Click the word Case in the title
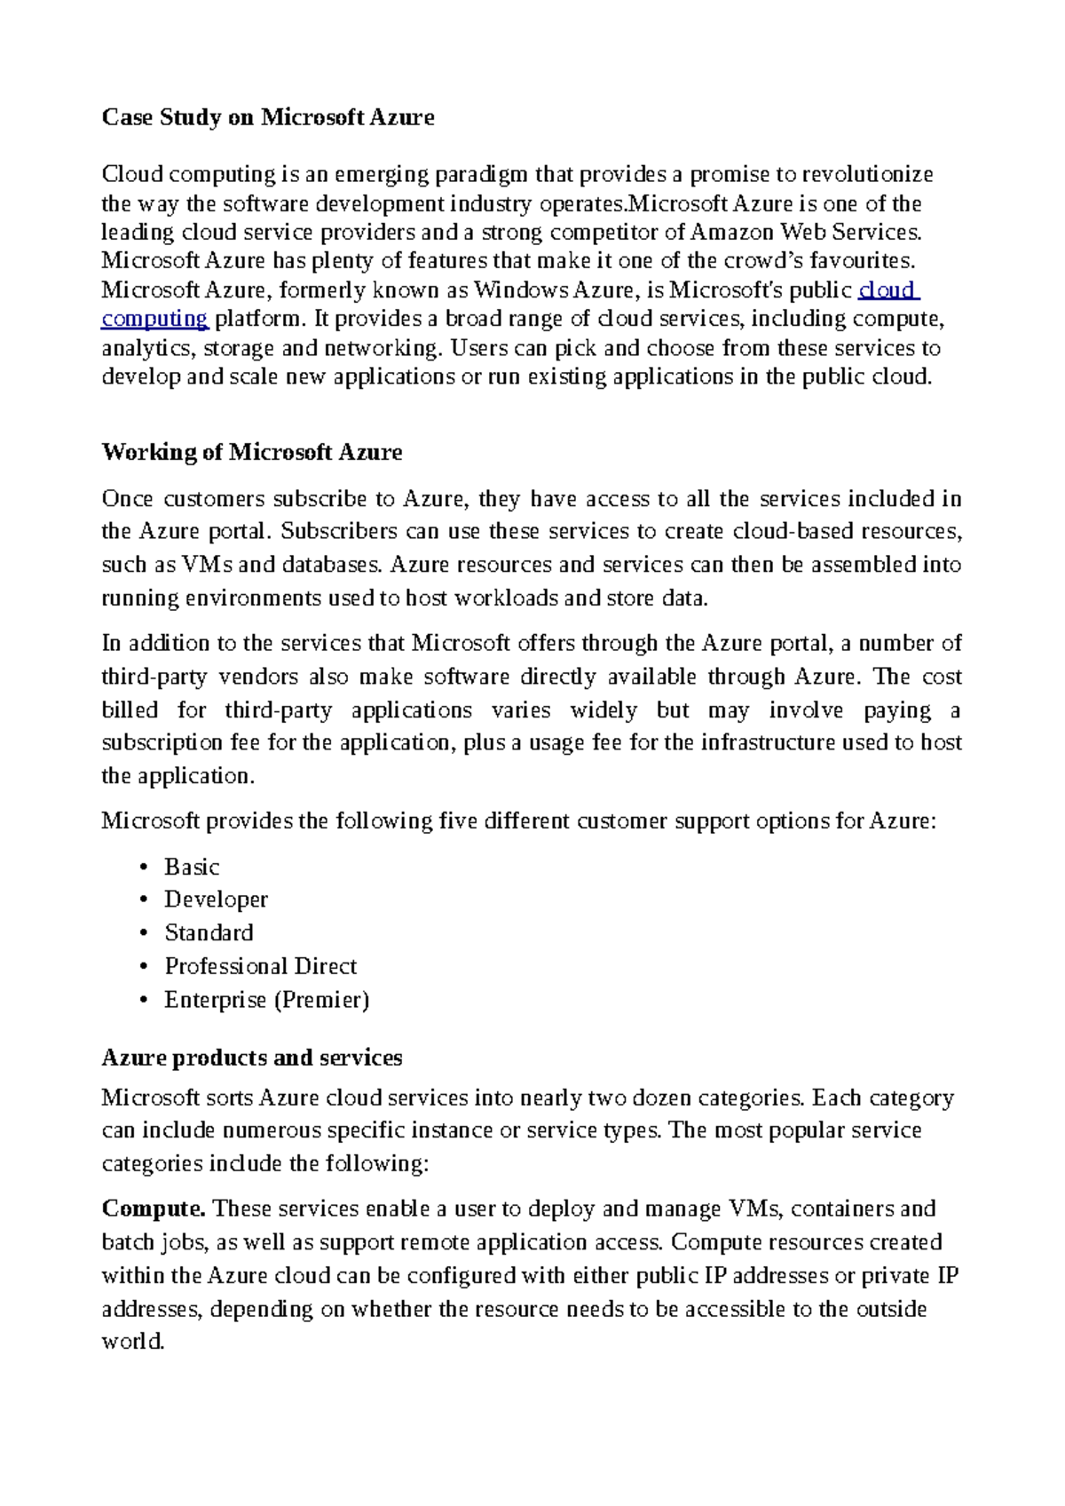point(128,118)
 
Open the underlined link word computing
point(154,319)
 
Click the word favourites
point(862,261)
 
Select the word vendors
point(258,678)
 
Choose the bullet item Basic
point(192,868)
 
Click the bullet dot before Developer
point(144,900)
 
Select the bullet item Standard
point(209,933)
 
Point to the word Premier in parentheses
point(321,1000)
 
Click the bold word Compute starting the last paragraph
point(154,1209)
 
